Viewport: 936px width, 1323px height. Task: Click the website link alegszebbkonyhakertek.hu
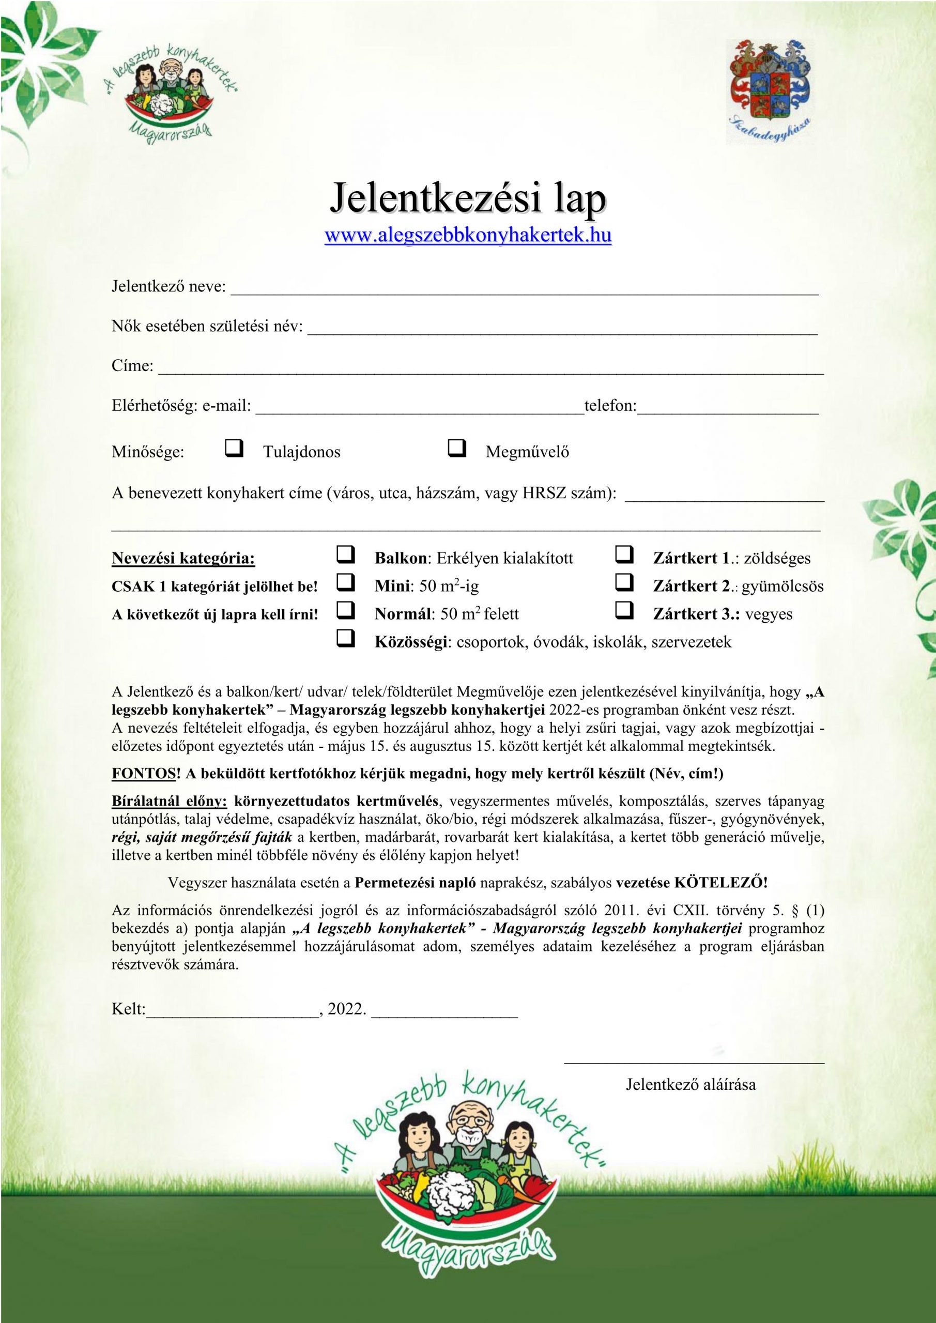468,236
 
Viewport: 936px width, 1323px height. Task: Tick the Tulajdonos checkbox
234,448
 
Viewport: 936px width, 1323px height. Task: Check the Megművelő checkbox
456,448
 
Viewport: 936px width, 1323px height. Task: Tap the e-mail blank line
420,410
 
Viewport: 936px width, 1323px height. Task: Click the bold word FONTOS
143,773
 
